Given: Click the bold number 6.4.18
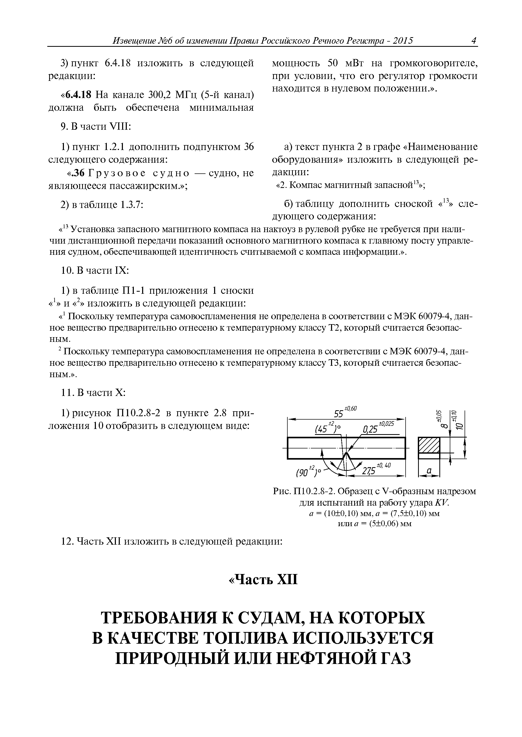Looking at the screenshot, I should point(79,95).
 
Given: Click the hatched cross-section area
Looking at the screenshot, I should point(429,445).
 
